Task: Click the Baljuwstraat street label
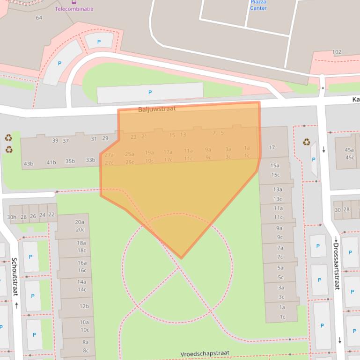[x=157, y=109]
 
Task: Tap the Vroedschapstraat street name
[x=205, y=354]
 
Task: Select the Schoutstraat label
[x=15, y=276]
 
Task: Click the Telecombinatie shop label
[x=74, y=9]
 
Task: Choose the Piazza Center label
[x=258, y=5]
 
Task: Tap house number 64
[x=39, y=18]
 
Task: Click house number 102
[x=337, y=52]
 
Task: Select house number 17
[x=272, y=147]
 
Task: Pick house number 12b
[x=84, y=306]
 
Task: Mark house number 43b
[x=29, y=164]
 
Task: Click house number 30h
[x=12, y=216]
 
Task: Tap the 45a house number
[x=349, y=150]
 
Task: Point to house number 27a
[x=109, y=155]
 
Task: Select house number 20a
[x=80, y=222]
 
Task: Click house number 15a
[x=275, y=166]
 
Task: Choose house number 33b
[x=90, y=160]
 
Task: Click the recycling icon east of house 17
[x=306, y=142]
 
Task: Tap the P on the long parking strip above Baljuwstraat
[x=150, y=93]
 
